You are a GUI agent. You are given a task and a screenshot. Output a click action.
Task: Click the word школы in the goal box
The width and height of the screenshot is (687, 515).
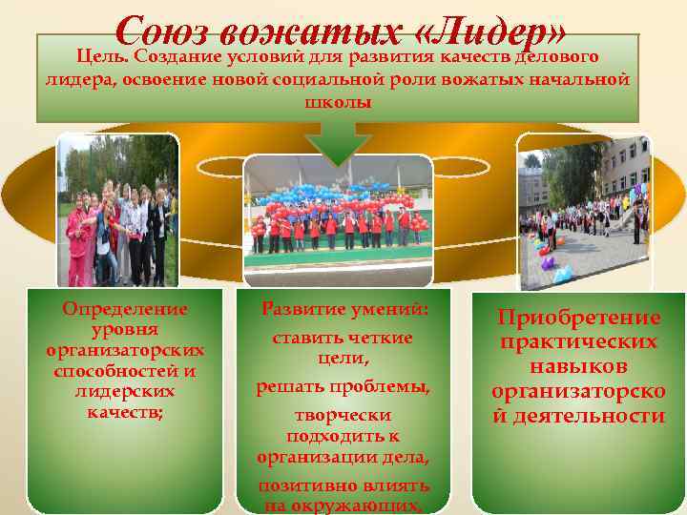[338, 102]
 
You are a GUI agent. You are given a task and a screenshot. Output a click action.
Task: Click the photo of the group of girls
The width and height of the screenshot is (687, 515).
[117, 212]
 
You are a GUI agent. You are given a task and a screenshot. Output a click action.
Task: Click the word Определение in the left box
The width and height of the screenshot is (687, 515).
[125, 309]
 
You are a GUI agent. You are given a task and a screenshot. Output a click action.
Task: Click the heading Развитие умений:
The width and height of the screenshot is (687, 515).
[344, 309]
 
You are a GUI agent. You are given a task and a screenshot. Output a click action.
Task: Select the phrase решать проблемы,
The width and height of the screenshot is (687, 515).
[343, 387]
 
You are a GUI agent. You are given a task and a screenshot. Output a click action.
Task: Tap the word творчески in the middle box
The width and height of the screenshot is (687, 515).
[343, 417]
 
